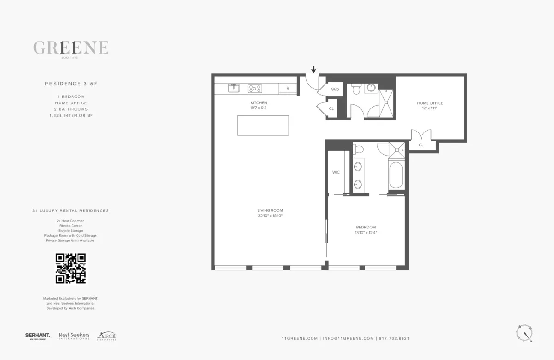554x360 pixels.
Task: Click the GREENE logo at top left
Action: pos(71,48)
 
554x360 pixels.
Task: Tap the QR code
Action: pos(71,268)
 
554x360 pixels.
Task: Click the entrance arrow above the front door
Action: pos(313,70)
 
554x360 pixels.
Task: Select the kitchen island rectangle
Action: pos(263,125)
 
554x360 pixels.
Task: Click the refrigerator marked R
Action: pos(288,88)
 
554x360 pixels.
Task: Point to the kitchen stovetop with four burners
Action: pos(255,88)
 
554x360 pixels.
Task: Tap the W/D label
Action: pos(335,89)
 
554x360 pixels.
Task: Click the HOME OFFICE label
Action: pos(430,103)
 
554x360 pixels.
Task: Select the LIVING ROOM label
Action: pos(270,210)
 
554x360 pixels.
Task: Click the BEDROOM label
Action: pos(366,227)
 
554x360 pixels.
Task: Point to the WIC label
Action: pos(336,172)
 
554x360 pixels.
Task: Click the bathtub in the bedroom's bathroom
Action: pos(396,174)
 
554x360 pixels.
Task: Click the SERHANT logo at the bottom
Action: pos(38,336)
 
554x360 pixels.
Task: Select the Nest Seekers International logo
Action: pos(74,336)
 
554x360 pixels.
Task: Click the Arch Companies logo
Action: pos(107,336)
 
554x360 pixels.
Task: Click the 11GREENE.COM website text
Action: pos(299,338)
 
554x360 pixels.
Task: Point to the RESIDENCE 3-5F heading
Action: pos(71,84)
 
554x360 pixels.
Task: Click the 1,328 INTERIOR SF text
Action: pos(71,116)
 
